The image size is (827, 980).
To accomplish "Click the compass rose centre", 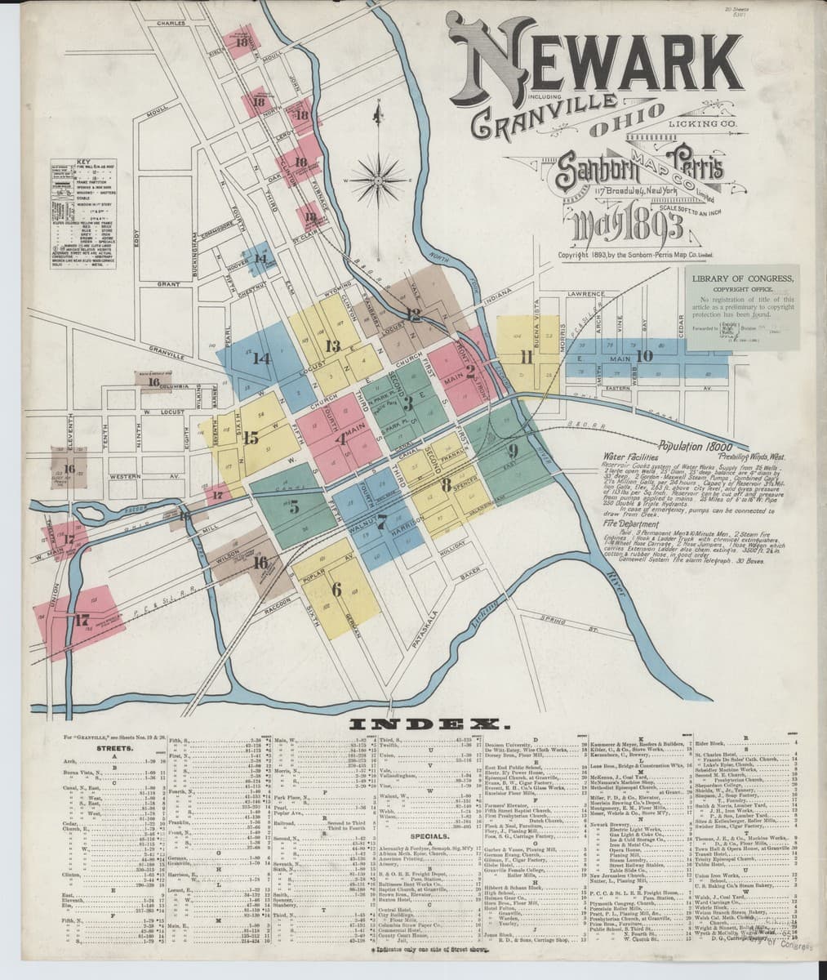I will pos(378,176).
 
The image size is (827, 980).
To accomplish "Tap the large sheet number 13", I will pos(332,345).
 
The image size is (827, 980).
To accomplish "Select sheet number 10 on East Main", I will pos(644,355).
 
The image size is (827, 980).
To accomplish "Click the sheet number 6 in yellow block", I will pos(336,589).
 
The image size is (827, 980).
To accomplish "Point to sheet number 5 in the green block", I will pos(294,508).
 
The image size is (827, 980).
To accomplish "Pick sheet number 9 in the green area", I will pos(513,450).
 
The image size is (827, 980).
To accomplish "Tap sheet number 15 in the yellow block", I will pos(251,436).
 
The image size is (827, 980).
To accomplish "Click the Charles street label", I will pos(171,23).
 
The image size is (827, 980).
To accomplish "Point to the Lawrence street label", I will pos(585,292).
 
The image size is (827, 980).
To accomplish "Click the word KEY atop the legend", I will pos(82,161).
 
